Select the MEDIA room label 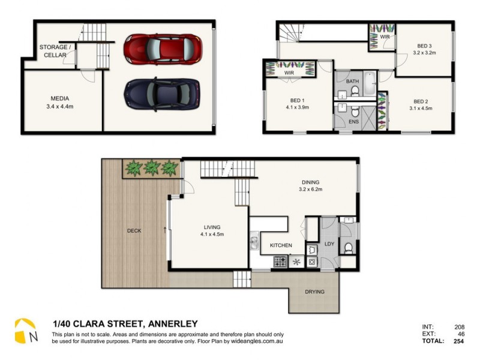[60, 98]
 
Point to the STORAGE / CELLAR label [55, 51]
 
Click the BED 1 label [295, 100]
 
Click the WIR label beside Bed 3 [385, 37]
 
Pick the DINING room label [311, 182]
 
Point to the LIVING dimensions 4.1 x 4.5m [212, 234]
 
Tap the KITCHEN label [281, 245]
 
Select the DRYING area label [314, 292]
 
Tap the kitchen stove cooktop [280, 262]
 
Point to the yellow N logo [26, 332]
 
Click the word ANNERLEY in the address [170, 324]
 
